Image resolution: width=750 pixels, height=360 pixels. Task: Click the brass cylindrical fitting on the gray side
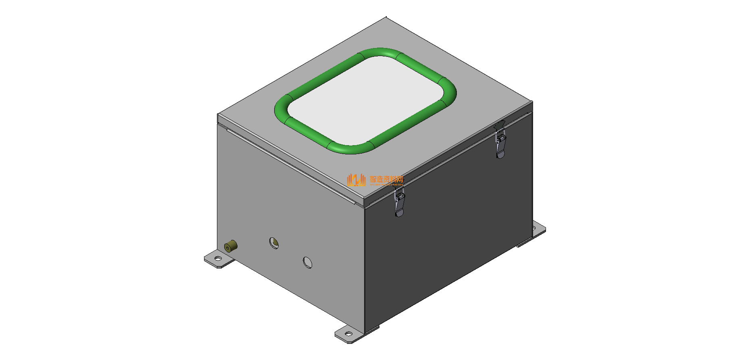(x=231, y=246)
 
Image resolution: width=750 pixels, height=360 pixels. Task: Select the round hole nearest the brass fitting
(x=274, y=243)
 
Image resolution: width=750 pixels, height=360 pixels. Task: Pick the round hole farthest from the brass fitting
(x=308, y=262)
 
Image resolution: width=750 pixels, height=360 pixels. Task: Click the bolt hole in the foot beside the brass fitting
(x=218, y=258)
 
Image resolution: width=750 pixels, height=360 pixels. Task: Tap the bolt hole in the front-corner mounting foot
(x=348, y=334)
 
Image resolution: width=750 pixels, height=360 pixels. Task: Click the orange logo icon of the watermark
(x=356, y=180)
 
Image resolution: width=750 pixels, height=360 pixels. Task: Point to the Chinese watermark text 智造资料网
(x=386, y=179)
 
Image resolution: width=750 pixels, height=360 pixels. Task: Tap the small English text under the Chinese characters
(x=386, y=184)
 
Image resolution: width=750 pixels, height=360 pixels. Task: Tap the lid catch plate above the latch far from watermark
(x=500, y=125)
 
